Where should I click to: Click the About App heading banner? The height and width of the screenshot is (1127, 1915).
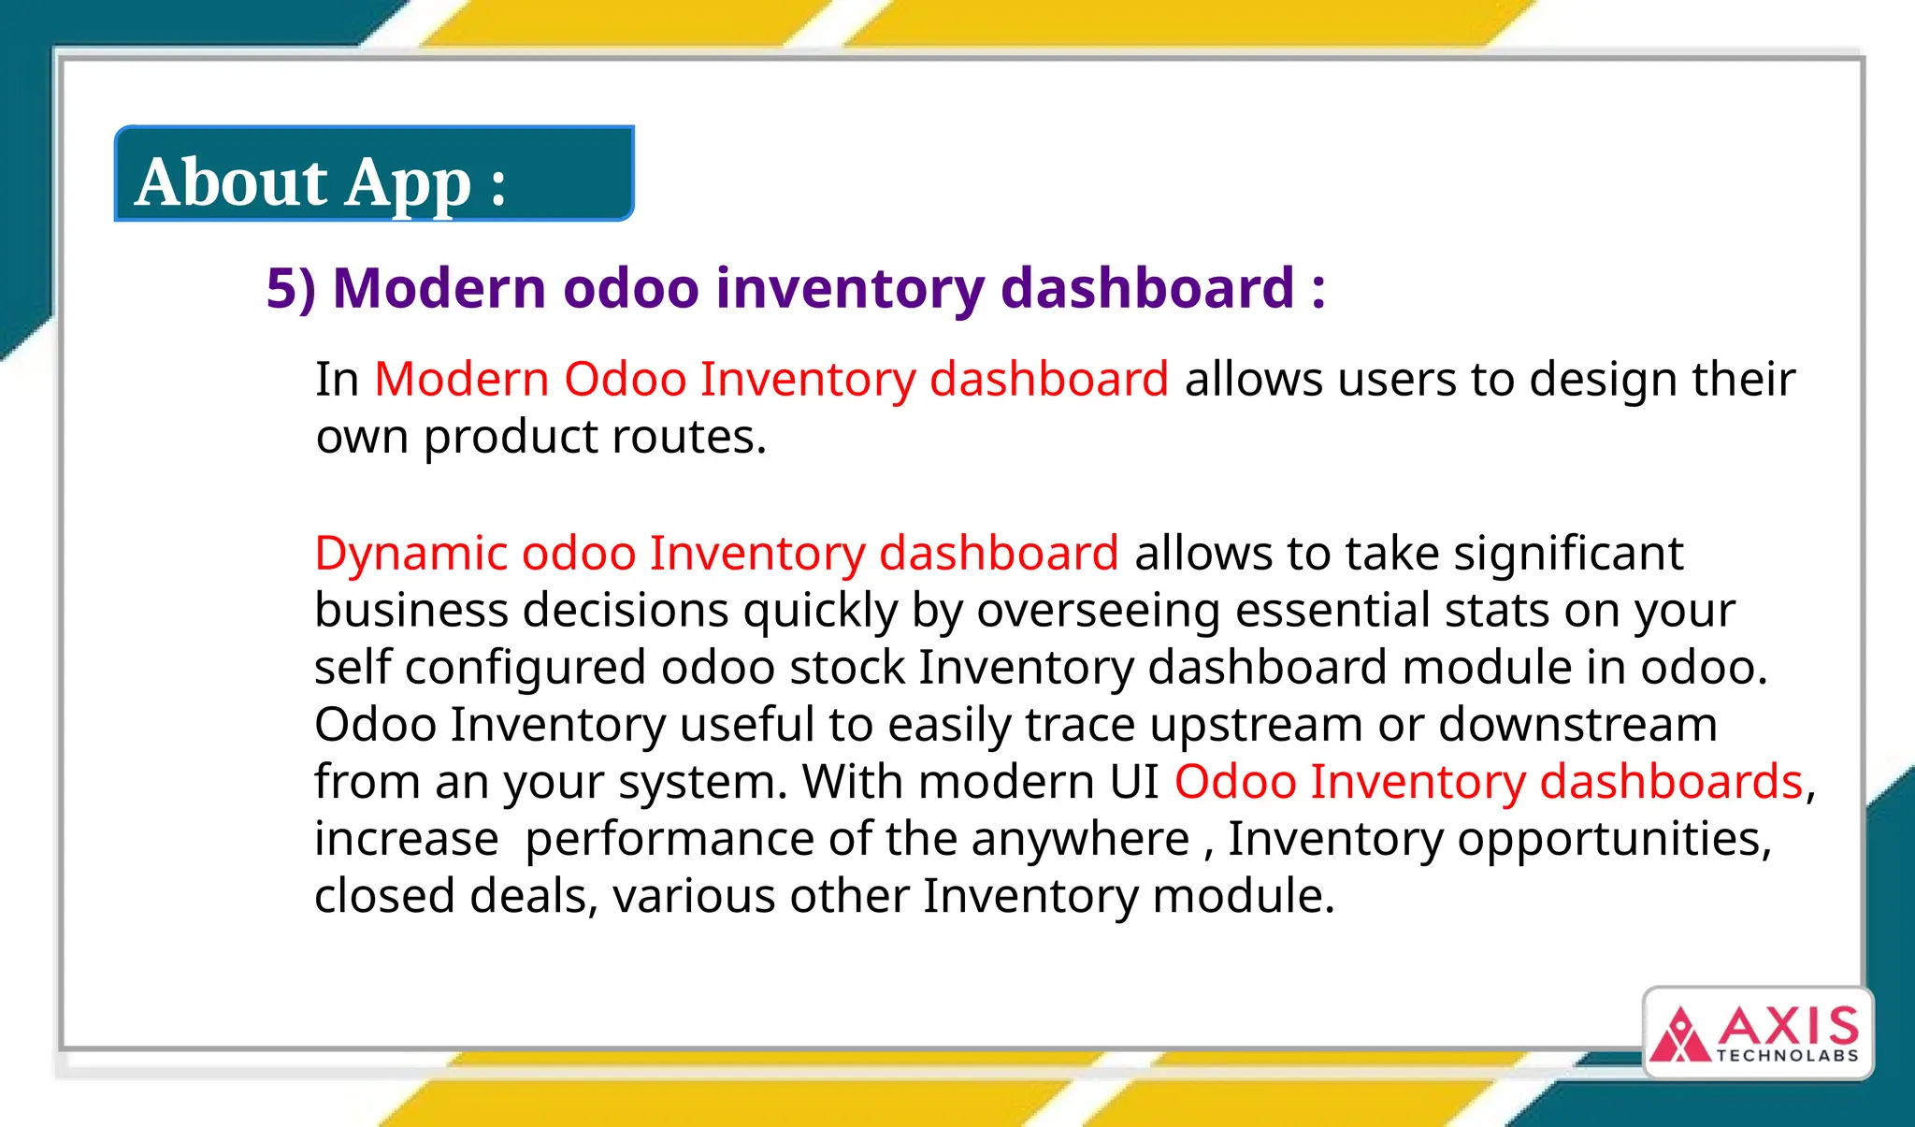(374, 175)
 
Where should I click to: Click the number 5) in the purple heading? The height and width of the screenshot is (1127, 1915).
(291, 288)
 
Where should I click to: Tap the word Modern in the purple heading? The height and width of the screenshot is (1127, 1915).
(439, 288)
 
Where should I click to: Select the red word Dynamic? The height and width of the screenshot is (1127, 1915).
(410, 554)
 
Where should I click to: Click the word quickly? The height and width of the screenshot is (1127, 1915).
(820, 612)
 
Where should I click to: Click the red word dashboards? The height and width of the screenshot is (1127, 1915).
(1670, 782)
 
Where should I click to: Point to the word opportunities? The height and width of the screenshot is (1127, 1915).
(1613, 840)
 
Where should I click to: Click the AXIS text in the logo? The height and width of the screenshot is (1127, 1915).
(1787, 1027)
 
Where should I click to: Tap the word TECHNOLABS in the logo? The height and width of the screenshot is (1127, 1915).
(1787, 1056)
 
